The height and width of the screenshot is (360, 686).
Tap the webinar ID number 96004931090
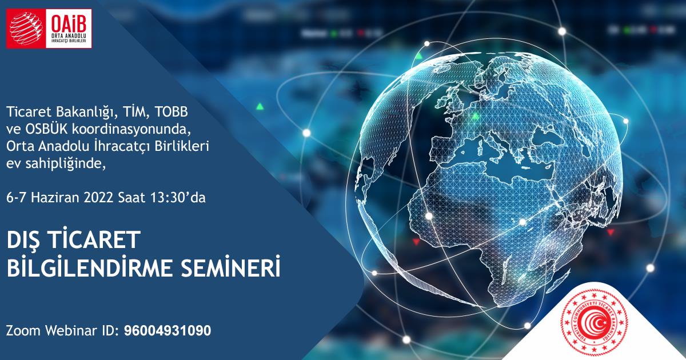(x=167, y=330)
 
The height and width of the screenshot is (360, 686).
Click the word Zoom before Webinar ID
(x=23, y=330)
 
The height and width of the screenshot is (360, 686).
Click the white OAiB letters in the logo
(x=67, y=21)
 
